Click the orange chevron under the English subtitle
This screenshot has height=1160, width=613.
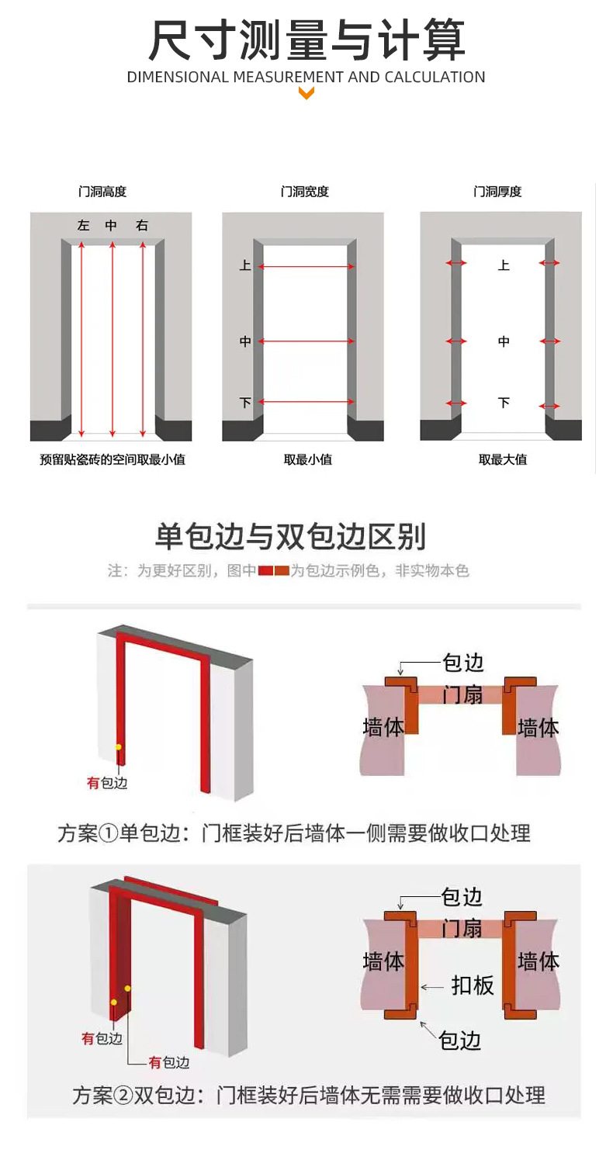point(306,93)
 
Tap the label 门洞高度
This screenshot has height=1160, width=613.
point(102,192)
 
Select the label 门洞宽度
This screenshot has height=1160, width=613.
point(304,192)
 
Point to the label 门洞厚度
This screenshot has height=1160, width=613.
point(497,192)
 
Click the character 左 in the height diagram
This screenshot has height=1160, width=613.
point(83,225)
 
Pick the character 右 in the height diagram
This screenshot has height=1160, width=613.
point(142,225)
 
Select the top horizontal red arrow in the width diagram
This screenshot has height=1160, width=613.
point(306,267)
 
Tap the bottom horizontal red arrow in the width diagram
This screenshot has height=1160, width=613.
point(306,401)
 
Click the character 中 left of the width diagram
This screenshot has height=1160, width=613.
point(245,341)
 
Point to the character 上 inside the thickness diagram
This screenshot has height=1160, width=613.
point(504,265)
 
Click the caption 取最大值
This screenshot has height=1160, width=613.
point(503,459)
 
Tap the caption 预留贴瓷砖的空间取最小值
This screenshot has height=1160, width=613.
point(113,459)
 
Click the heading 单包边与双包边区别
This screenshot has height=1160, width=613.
point(290,536)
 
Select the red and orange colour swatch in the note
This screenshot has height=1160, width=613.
point(273,571)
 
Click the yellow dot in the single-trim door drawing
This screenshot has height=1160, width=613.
point(119,747)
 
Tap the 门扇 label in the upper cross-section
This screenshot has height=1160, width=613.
point(462,694)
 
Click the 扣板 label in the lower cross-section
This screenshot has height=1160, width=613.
point(473,985)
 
